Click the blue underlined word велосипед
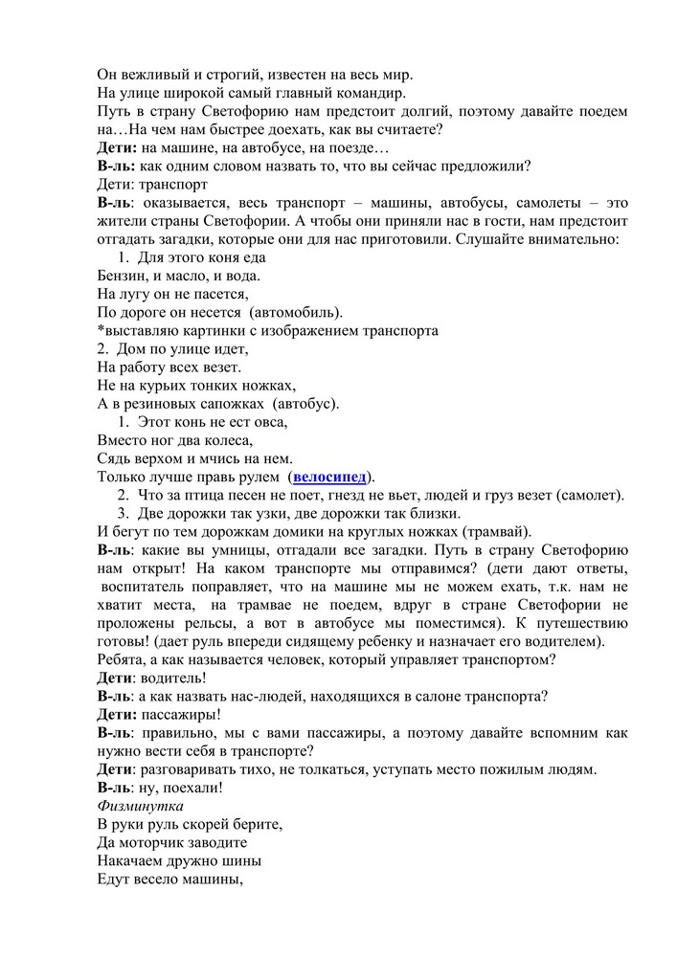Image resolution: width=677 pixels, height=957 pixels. click(330, 477)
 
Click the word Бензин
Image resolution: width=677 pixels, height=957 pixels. click(124, 276)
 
